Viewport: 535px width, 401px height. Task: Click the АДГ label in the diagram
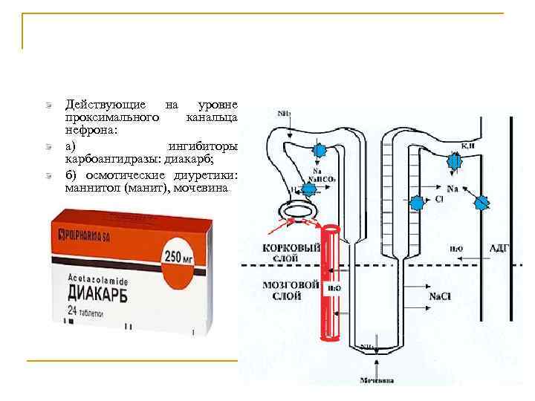(498, 247)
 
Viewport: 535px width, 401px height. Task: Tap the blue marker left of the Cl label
(418, 201)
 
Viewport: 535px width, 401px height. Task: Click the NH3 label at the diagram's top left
(284, 114)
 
